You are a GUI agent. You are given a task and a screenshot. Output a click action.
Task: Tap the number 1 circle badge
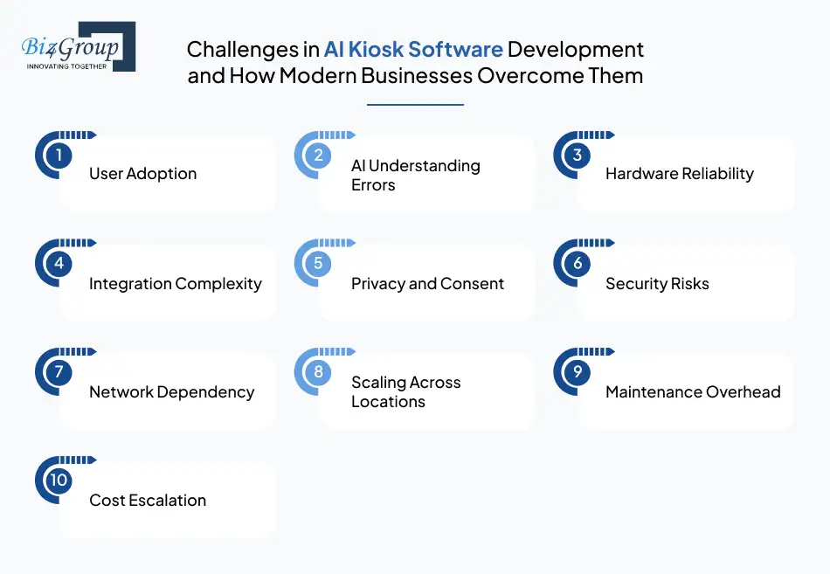tap(59, 156)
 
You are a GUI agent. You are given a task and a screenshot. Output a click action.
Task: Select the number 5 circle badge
tap(318, 264)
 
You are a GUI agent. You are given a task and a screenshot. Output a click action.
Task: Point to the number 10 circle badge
tap(59, 481)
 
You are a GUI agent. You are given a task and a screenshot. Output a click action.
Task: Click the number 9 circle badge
tap(578, 372)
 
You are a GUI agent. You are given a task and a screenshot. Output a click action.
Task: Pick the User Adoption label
tap(142, 174)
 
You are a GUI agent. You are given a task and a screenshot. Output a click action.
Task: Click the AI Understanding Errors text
tap(415, 175)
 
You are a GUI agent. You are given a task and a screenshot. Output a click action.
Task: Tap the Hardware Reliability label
tap(679, 174)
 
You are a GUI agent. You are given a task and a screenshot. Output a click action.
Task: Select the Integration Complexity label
tap(175, 284)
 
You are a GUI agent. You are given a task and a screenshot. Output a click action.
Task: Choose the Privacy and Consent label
tap(427, 284)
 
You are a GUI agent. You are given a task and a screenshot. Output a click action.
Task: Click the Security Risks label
tap(657, 284)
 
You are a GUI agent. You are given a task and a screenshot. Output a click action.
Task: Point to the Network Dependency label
tap(171, 392)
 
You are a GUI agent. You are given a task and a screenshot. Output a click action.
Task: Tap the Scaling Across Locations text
tap(405, 392)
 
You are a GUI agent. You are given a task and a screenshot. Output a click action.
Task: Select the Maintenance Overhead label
tap(693, 392)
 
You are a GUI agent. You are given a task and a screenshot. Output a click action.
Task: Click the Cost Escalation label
tap(148, 501)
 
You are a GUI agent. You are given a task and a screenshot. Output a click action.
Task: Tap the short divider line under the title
tap(415, 105)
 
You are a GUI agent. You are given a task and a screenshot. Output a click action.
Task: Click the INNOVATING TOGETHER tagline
tap(67, 66)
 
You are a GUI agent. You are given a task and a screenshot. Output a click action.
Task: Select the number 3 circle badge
tap(578, 156)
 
